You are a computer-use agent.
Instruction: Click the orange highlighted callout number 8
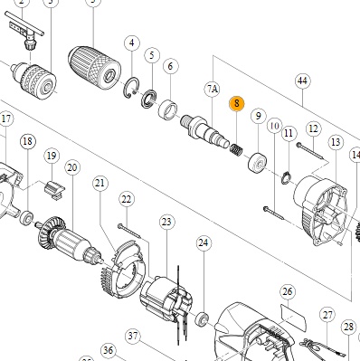237,103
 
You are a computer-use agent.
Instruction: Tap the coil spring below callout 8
236,149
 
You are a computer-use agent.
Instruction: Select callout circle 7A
213,90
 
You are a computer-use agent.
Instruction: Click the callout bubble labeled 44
302,81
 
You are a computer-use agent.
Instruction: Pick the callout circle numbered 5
152,55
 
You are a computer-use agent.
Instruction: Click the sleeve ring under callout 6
168,109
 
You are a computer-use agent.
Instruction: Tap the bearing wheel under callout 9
258,163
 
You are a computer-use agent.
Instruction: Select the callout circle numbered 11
289,133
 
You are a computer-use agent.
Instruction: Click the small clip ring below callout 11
286,178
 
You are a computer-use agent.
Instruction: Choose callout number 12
313,129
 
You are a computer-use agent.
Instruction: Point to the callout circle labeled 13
336,142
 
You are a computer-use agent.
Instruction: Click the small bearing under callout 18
26,218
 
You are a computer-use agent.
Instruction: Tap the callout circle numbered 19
52,156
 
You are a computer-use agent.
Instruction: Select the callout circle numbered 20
72,167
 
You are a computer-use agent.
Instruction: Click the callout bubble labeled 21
100,183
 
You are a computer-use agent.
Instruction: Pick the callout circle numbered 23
166,223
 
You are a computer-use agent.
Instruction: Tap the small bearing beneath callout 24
202,319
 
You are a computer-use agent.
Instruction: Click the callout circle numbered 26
288,291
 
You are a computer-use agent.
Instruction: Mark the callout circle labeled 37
133,337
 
